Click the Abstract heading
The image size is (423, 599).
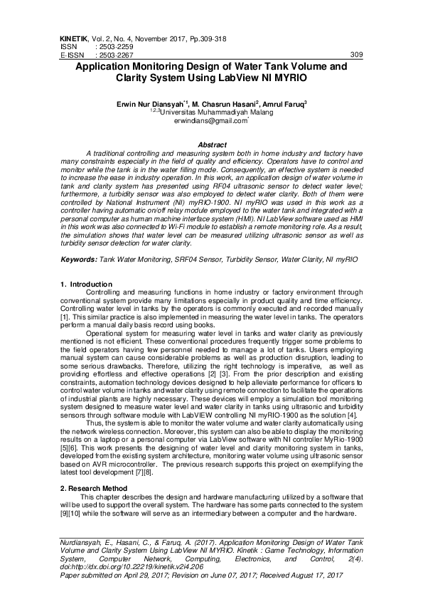212,145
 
